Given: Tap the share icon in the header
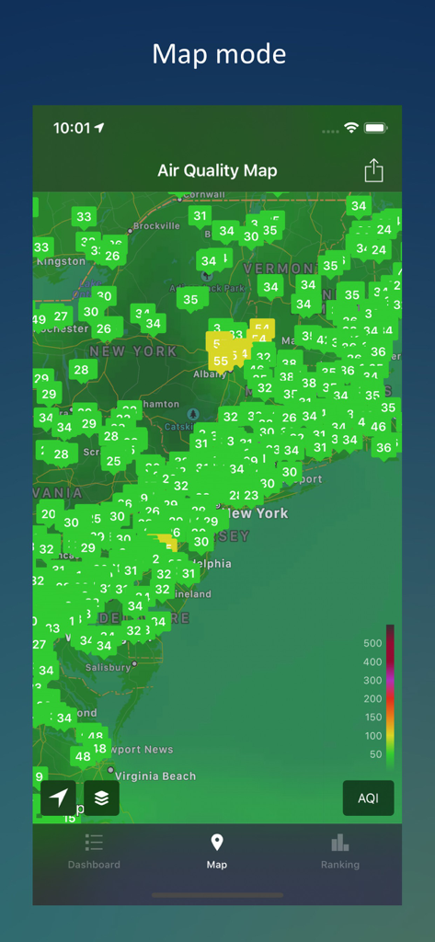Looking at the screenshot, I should [x=373, y=170].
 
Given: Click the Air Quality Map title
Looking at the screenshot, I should [x=217, y=170].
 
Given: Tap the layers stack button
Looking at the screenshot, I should [x=101, y=798].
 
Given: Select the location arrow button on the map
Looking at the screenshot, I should [x=58, y=798].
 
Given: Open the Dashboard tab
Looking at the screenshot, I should [x=94, y=850].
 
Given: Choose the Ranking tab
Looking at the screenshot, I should [x=340, y=850].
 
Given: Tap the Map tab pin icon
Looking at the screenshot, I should [x=217, y=842].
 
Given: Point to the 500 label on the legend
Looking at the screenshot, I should [x=372, y=643].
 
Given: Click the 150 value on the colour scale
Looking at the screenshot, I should [x=372, y=717].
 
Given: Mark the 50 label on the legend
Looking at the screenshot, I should [x=374, y=753].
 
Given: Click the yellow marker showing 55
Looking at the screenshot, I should [x=220, y=362].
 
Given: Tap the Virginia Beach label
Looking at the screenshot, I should [x=155, y=776].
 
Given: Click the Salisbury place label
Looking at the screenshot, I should [x=109, y=667].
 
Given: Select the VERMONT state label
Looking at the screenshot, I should [x=280, y=268].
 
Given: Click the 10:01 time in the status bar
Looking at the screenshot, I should [x=72, y=128].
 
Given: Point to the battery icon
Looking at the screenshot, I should [x=375, y=128].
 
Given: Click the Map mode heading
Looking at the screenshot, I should [x=218, y=53].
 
